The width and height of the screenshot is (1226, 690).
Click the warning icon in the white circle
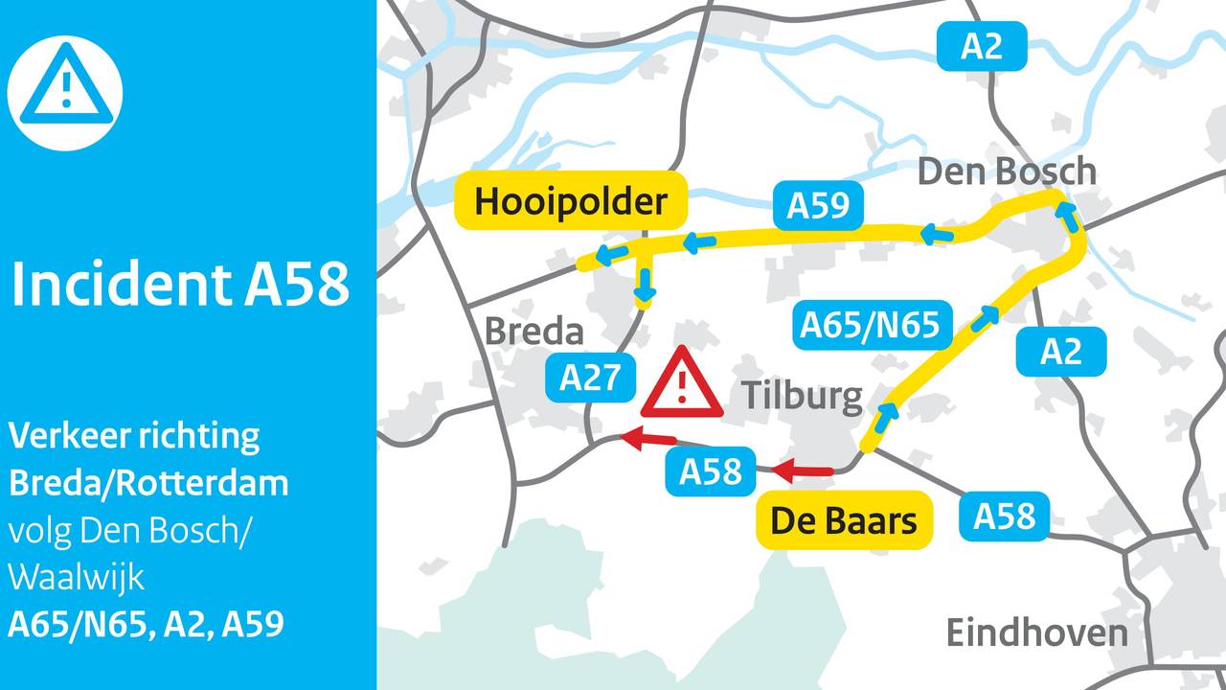[x=65, y=92]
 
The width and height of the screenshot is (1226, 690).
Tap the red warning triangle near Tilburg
[x=682, y=383]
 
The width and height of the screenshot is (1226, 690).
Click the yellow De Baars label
[x=844, y=520]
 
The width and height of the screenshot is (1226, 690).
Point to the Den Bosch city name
[x=1006, y=172]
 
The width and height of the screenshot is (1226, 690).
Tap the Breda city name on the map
[x=534, y=332]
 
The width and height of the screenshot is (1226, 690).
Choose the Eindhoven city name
[x=1036, y=632]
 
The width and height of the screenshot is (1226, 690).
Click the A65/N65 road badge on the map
[x=871, y=325]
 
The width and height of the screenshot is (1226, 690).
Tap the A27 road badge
[x=590, y=378]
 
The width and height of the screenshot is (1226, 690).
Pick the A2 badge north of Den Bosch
[x=981, y=45]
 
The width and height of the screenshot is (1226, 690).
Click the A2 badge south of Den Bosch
[x=1060, y=351]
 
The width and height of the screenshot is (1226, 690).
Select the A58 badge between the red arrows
[x=711, y=471]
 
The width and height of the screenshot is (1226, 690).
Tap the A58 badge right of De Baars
[x=1005, y=516]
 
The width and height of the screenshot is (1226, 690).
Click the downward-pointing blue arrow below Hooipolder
[x=646, y=284]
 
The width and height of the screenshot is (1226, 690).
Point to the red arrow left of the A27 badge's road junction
[x=646, y=440]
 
